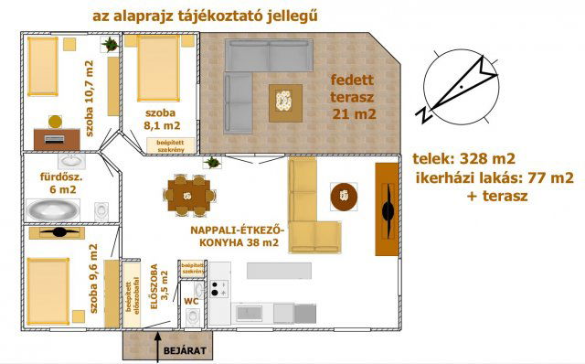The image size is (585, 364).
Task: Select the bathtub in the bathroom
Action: point(56,208)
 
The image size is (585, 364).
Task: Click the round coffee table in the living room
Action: point(345,195)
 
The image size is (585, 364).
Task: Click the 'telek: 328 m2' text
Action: point(463,155)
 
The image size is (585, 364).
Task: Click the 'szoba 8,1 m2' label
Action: point(163,119)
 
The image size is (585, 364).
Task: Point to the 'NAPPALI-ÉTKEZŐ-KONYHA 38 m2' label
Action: point(235,236)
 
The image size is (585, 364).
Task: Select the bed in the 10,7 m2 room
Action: point(43,73)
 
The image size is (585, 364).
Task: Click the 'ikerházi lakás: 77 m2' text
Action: point(494,176)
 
